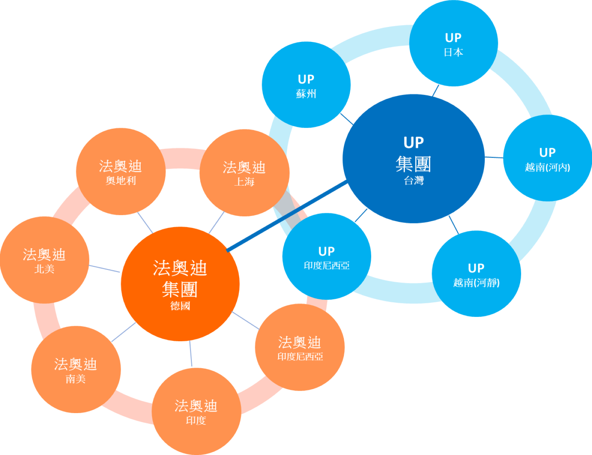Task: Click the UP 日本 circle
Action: tap(453, 44)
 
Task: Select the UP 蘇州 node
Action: tap(306, 85)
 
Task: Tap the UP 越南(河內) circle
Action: tap(547, 158)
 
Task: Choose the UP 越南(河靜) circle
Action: tap(476, 274)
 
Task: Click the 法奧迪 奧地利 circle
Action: tap(120, 172)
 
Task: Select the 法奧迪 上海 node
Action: tap(244, 173)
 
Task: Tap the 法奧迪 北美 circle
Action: tap(44, 260)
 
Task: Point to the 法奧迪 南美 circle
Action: tap(75, 369)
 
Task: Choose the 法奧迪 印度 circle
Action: tap(196, 411)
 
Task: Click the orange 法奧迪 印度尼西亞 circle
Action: tap(300, 348)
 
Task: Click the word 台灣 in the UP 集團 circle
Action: tap(414, 181)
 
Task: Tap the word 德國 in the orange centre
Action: tap(180, 306)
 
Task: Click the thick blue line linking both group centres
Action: tap(288, 216)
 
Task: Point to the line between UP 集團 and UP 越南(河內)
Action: tap(494, 157)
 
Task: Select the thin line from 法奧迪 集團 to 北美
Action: tap(105, 269)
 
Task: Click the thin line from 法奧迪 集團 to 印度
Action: tap(191, 354)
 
